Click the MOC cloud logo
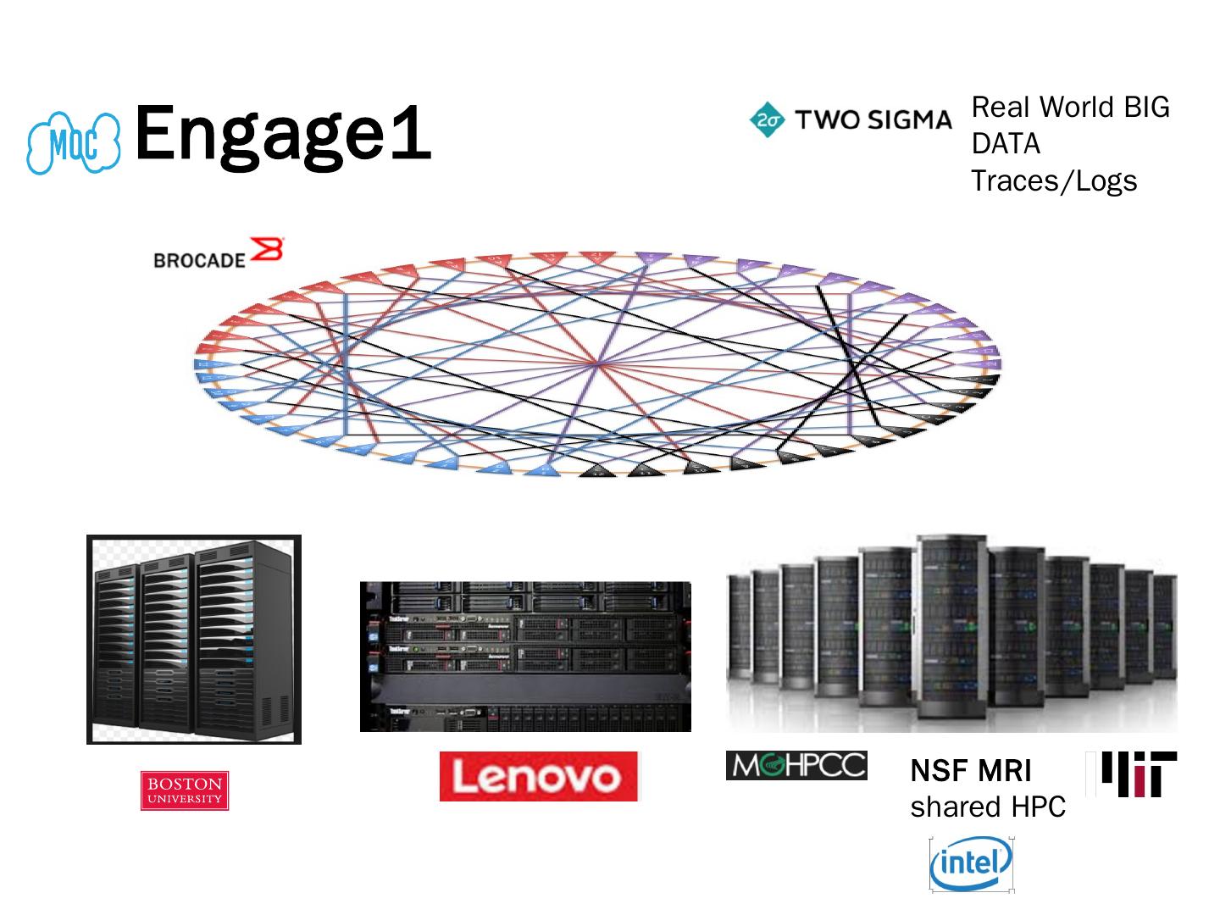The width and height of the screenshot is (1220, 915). point(73,142)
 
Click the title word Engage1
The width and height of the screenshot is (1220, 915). point(283,133)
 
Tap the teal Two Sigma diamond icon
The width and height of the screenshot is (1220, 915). point(768,120)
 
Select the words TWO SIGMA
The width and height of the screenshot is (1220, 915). point(873,120)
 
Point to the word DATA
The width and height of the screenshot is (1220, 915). point(1006,144)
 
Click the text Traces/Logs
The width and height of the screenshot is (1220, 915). point(1053,180)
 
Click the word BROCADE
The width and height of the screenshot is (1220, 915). point(199,260)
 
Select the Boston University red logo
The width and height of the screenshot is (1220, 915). point(185,790)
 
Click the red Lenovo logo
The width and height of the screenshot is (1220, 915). point(539,776)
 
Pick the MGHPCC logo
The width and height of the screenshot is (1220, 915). point(796,765)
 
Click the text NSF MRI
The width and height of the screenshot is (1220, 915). point(971,771)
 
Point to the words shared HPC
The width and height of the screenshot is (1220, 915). point(988,807)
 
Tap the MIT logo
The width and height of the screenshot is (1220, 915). point(1132,774)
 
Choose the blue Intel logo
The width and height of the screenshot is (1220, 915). point(971,864)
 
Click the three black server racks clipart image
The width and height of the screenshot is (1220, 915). point(194,640)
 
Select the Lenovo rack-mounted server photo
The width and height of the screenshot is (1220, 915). point(525,657)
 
